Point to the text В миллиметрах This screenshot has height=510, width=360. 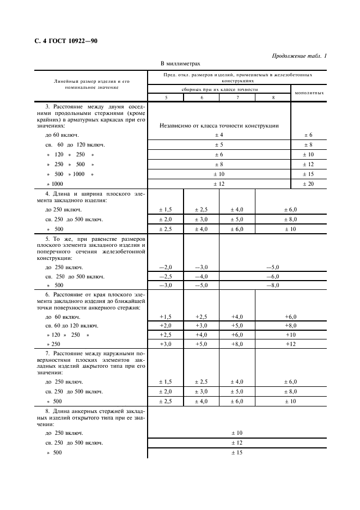[x=180, y=64]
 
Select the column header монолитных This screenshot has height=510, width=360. [x=309, y=93]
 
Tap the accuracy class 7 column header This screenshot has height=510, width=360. [x=237, y=97]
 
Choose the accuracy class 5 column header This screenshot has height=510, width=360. [x=166, y=97]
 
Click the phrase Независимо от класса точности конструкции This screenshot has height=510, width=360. [x=219, y=125]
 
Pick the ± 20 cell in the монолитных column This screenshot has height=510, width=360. [x=308, y=184]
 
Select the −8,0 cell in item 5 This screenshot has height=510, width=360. [x=272, y=285]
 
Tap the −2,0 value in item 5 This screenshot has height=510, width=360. [x=166, y=267]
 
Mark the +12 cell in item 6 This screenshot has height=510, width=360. [x=290, y=344]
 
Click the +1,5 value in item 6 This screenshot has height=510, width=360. [x=166, y=317]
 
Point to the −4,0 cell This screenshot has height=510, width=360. [x=202, y=276]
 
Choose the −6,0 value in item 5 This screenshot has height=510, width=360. [x=272, y=276]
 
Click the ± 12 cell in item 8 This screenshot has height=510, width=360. [x=237, y=442]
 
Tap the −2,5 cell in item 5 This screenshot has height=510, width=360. [x=166, y=276]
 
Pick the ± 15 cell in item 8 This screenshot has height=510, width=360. [x=237, y=452]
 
